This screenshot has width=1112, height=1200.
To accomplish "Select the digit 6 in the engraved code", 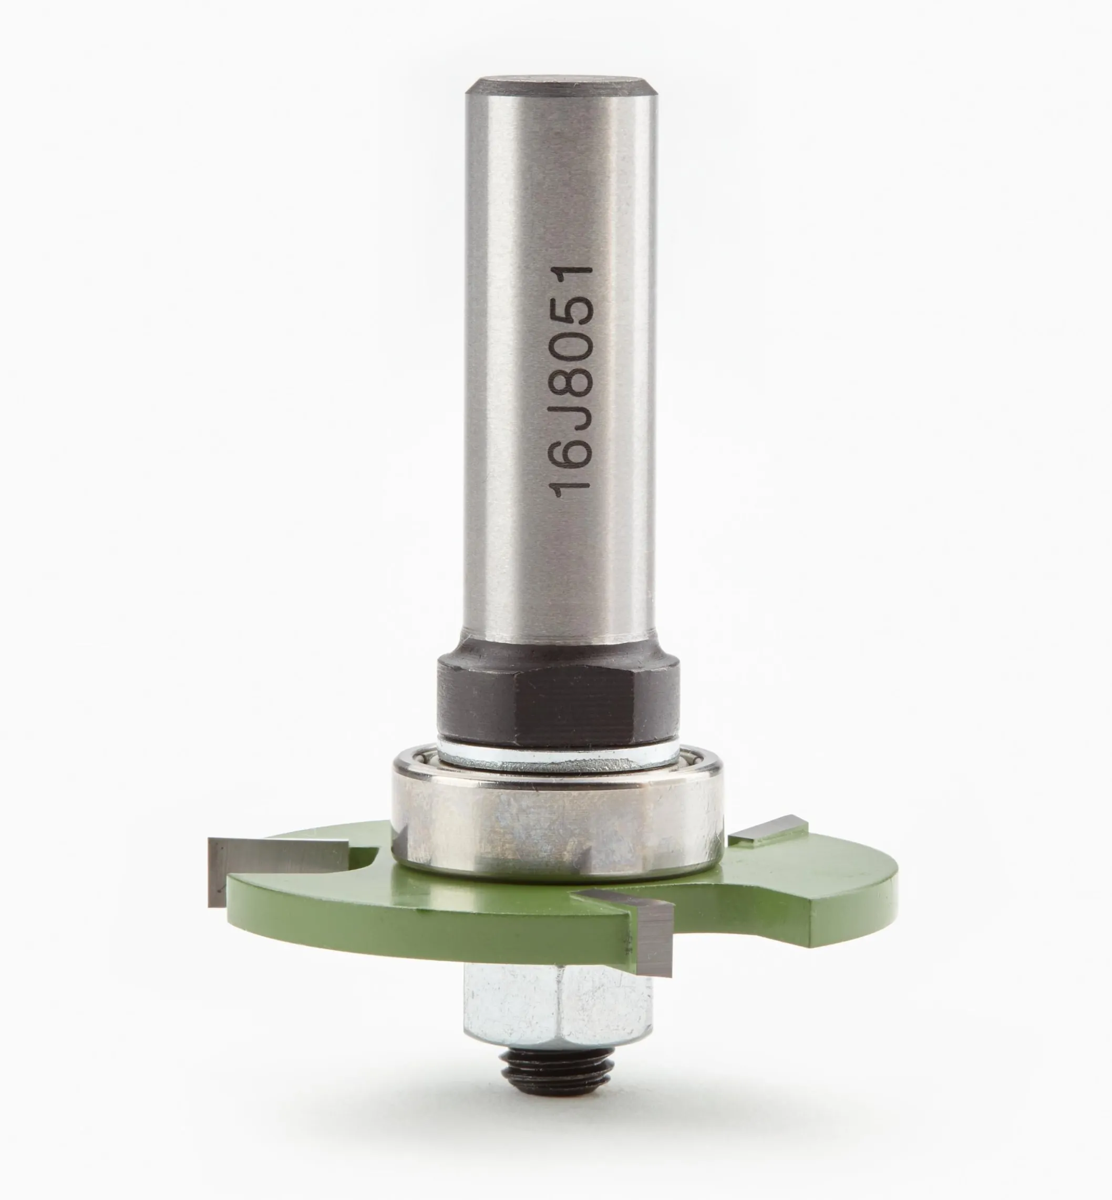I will pyautogui.click(x=573, y=445).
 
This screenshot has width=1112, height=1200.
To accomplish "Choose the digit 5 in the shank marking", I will pyautogui.click(x=573, y=313).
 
